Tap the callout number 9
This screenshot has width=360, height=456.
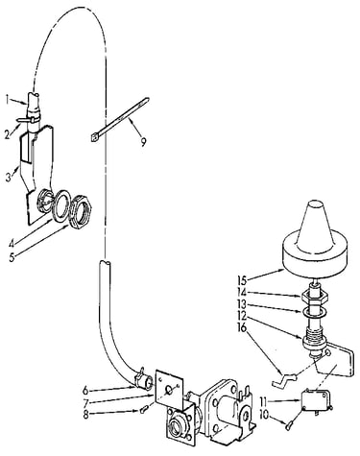coord(143,141)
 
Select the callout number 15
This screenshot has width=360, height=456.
coord(242,280)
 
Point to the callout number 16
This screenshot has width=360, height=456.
coord(242,327)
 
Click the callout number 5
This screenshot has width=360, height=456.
coord(12,257)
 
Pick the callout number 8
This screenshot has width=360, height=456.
coord(85,415)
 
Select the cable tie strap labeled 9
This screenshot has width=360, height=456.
coord(119,119)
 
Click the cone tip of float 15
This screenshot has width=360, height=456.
coord(314,204)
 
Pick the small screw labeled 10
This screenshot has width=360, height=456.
coord(288,424)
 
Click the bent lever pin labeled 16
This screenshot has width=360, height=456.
coord(283,381)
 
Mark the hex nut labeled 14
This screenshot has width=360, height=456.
coord(315,296)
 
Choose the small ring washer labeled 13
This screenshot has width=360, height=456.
coord(314,311)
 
